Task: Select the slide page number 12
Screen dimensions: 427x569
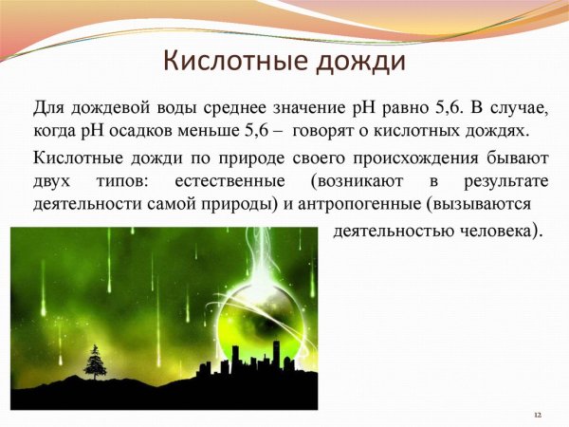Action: tap(538, 415)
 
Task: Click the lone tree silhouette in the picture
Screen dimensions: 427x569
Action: tap(95, 362)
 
